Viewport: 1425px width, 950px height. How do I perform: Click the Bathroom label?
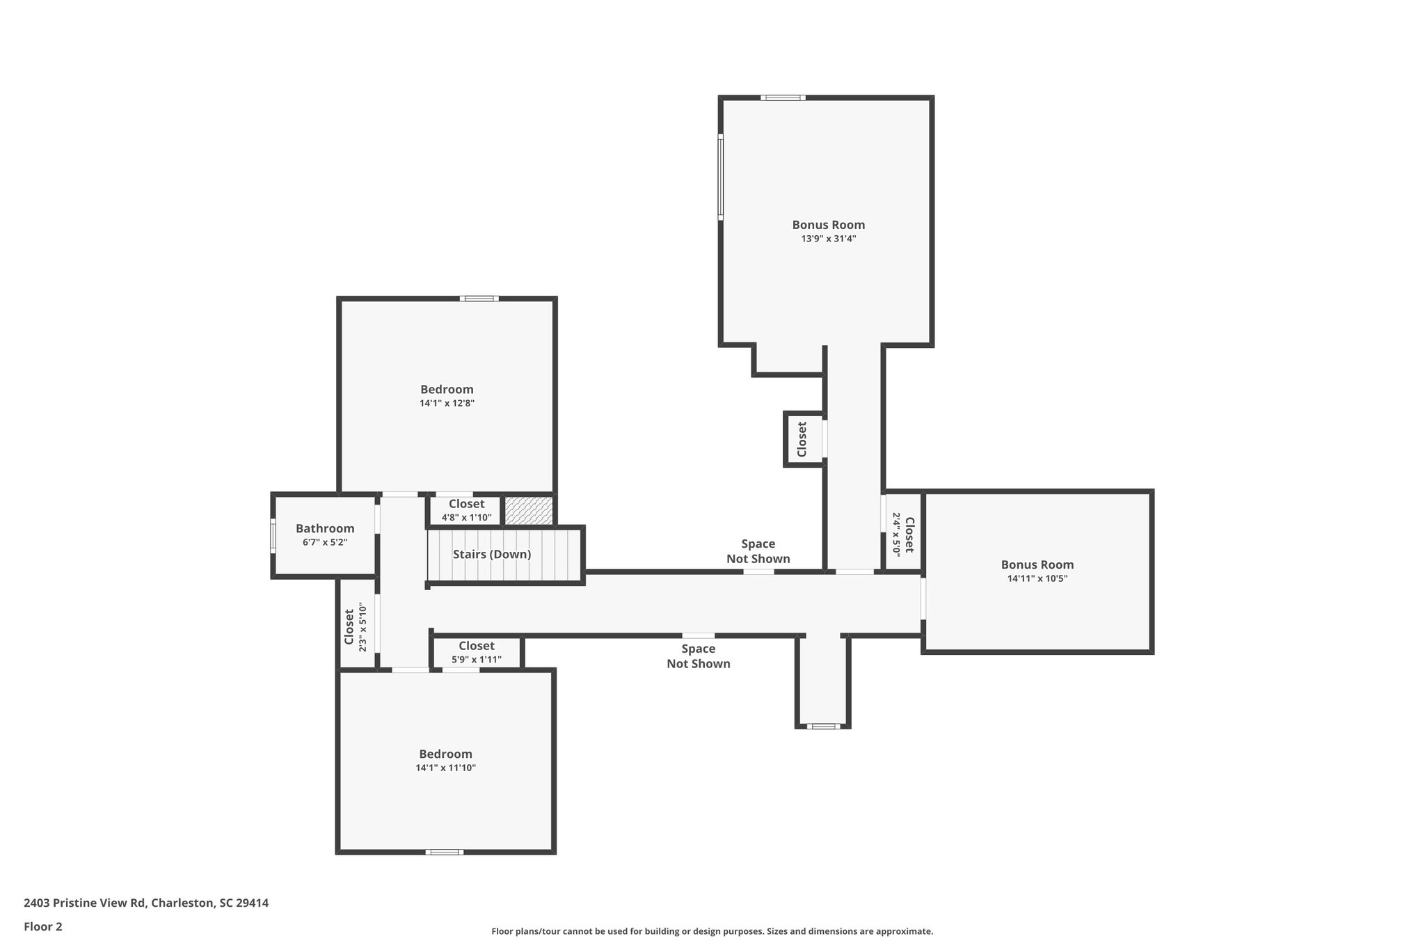pos(325,528)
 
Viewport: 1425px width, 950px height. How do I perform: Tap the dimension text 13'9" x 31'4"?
pos(828,239)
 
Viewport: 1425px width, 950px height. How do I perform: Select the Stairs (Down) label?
pos(491,555)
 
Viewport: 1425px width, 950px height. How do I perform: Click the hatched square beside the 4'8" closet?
pos(528,511)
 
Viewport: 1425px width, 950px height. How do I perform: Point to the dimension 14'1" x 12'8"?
pos(447,403)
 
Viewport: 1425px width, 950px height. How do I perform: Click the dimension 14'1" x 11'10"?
pos(445,768)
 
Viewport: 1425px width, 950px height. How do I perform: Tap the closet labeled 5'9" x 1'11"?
pos(477,653)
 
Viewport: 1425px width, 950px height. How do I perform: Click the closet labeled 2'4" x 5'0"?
pos(902,534)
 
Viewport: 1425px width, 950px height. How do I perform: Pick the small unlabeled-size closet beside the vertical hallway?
pos(802,439)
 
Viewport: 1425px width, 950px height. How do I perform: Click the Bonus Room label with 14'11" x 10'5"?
pos(1037,565)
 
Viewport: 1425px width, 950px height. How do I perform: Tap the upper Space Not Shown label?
pos(758,551)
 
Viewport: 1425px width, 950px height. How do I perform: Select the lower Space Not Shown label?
pos(698,656)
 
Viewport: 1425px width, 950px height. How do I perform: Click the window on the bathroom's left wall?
pos(273,536)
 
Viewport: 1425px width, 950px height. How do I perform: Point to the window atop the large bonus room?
pos(783,98)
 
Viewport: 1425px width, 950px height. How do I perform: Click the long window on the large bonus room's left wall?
pos(721,177)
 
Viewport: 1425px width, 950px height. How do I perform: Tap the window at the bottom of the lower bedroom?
pos(444,852)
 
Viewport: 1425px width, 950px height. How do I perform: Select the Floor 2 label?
pos(43,926)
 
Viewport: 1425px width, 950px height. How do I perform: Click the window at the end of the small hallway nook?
pos(822,727)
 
